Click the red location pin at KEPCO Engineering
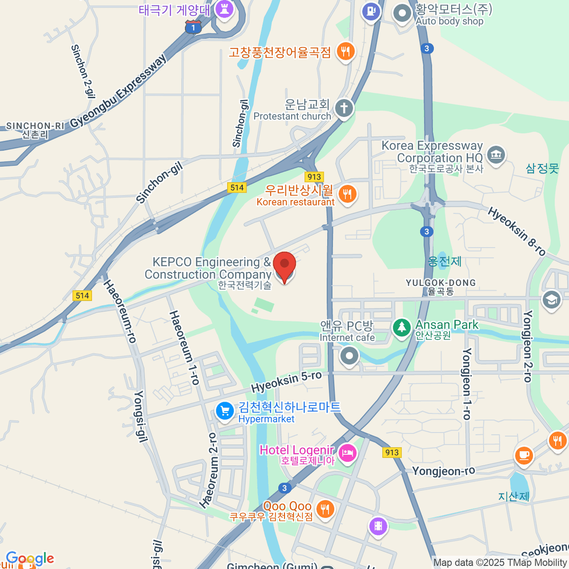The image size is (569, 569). click(284, 266)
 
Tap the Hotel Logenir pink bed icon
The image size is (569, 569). click(348, 452)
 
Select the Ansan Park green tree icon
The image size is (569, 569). click(402, 327)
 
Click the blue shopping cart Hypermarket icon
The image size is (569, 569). click(225, 411)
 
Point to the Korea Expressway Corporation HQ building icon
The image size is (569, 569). click(496, 155)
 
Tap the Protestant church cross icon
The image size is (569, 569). click(344, 108)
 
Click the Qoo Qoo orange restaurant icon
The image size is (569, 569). click(325, 509)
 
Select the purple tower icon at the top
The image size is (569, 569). click(224, 9)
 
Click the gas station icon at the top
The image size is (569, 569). click(371, 11)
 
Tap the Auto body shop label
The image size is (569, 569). click(449, 21)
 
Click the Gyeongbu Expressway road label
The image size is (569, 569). click(119, 91)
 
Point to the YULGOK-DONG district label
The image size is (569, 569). click(441, 283)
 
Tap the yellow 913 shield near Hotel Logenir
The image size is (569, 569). click(392, 452)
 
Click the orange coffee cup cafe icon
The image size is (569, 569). click(524, 456)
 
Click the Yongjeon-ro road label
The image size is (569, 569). click(443, 471)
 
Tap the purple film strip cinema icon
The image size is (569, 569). click(378, 526)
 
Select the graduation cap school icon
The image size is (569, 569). click(551, 300)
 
